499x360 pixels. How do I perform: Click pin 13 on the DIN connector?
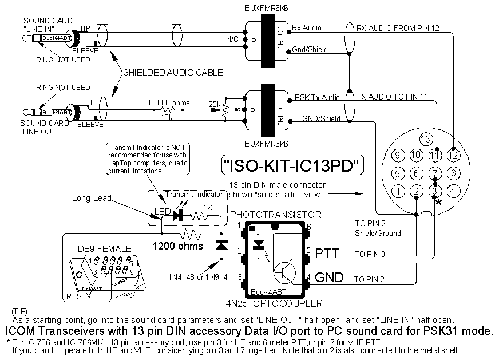424,139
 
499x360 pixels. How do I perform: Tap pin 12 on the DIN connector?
453,155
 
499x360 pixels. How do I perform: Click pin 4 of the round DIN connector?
453,191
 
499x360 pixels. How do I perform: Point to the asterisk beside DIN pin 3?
438,202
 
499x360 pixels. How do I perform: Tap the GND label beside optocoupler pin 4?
330,278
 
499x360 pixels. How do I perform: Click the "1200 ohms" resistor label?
177,247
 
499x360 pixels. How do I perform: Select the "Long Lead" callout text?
90,198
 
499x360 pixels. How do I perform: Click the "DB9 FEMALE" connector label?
104,249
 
